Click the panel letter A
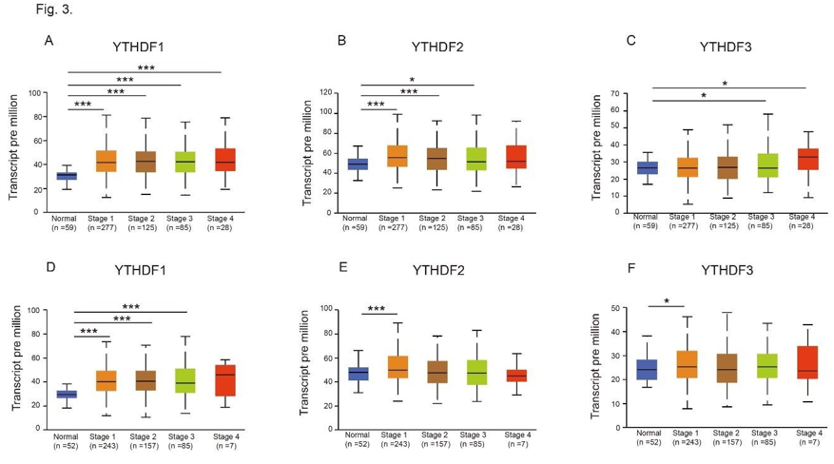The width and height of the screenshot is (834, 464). [48, 41]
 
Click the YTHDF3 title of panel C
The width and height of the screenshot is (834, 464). [725, 47]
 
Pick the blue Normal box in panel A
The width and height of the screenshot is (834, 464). [67, 175]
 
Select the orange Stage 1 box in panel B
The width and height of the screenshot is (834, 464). [396, 156]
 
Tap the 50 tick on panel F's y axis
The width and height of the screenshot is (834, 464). [617, 308]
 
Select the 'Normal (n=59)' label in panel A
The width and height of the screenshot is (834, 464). [65, 223]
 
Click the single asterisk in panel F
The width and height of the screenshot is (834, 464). [666, 301]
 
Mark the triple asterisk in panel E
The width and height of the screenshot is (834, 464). [377, 309]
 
